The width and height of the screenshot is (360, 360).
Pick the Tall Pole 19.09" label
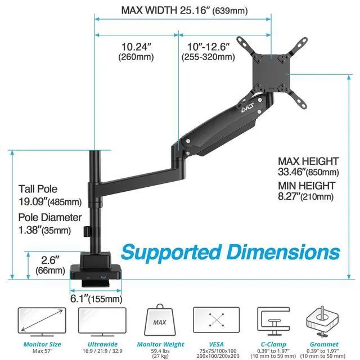[x=49, y=195]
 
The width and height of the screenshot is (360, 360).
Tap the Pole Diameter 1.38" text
[x=49, y=223]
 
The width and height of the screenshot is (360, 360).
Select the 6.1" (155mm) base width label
[x=96, y=299]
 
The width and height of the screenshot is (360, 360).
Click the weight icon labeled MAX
[x=160, y=323]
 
